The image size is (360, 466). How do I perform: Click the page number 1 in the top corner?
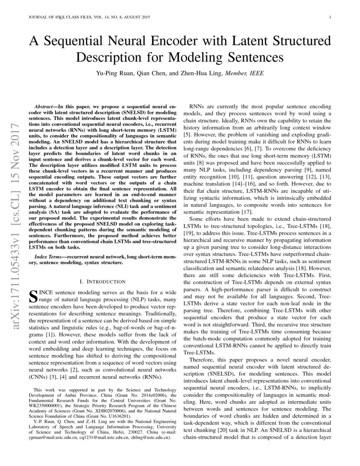pyautogui.click(x=330, y=17)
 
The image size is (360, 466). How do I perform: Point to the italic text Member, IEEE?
pyautogui.click(x=245, y=73)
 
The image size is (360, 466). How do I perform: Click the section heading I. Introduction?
pyautogui.click(x=102, y=281)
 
